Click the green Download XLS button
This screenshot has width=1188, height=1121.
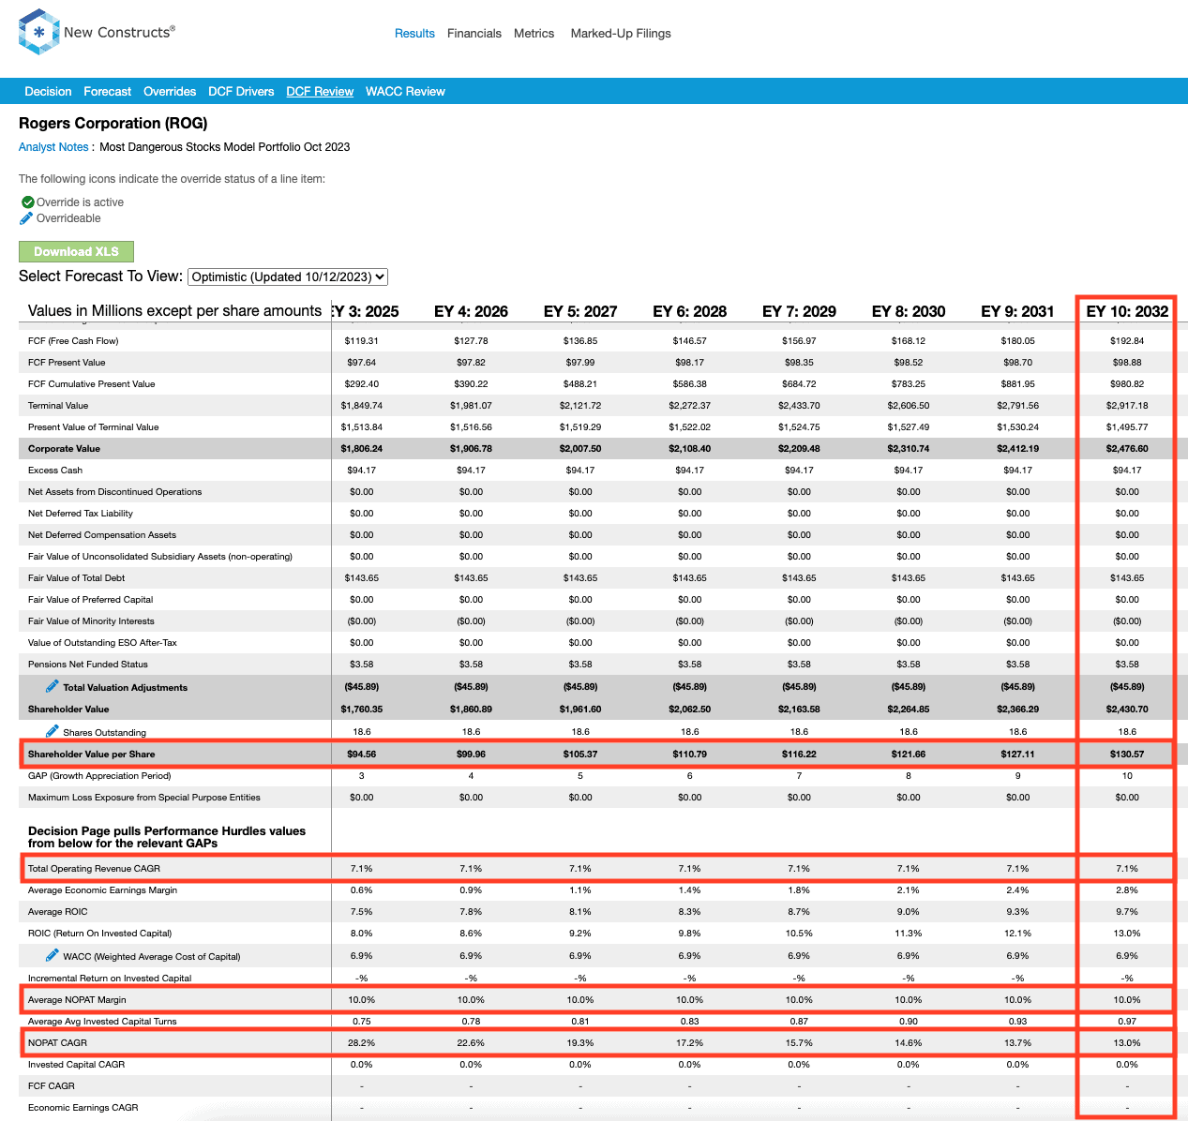76,251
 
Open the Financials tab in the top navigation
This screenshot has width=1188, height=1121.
474,34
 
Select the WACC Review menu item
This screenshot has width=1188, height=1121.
405,92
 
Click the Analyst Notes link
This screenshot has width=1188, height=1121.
53,147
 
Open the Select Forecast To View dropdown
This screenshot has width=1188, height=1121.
288,277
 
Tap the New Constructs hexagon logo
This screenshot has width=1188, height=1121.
38,32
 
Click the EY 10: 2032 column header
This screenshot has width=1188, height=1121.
1127,312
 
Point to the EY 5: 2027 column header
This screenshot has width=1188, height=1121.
580,312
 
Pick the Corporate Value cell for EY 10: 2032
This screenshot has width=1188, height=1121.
1127,449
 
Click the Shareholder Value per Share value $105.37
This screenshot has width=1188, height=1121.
580,755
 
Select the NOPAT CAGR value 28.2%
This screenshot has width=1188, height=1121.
361,1042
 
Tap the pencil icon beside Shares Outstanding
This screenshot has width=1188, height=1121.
53,731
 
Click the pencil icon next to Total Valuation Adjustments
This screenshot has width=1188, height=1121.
53,686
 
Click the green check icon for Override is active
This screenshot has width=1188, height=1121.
27,202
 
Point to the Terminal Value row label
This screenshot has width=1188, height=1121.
58,406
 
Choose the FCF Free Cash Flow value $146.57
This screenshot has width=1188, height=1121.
690,341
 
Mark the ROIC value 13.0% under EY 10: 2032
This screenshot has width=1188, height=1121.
1127,934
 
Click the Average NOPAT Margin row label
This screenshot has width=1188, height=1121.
77,999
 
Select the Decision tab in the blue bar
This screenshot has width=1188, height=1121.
48,92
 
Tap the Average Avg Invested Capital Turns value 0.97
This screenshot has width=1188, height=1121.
1127,1021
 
